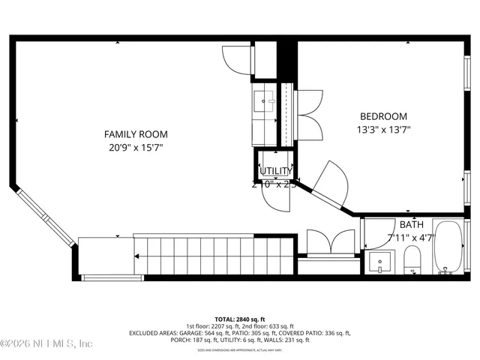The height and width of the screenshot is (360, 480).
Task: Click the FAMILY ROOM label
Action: click(x=135, y=134)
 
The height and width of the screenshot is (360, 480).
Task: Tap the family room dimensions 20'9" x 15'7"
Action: click(x=135, y=147)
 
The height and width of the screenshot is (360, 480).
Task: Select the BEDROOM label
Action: click(x=383, y=116)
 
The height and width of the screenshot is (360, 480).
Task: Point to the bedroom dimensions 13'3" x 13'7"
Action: click(x=383, y=129)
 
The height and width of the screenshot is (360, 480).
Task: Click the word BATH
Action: click(x=411, y=224)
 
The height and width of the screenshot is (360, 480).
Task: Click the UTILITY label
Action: click(x=275, y=172)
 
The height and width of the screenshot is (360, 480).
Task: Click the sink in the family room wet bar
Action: click(x=264, y=99)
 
